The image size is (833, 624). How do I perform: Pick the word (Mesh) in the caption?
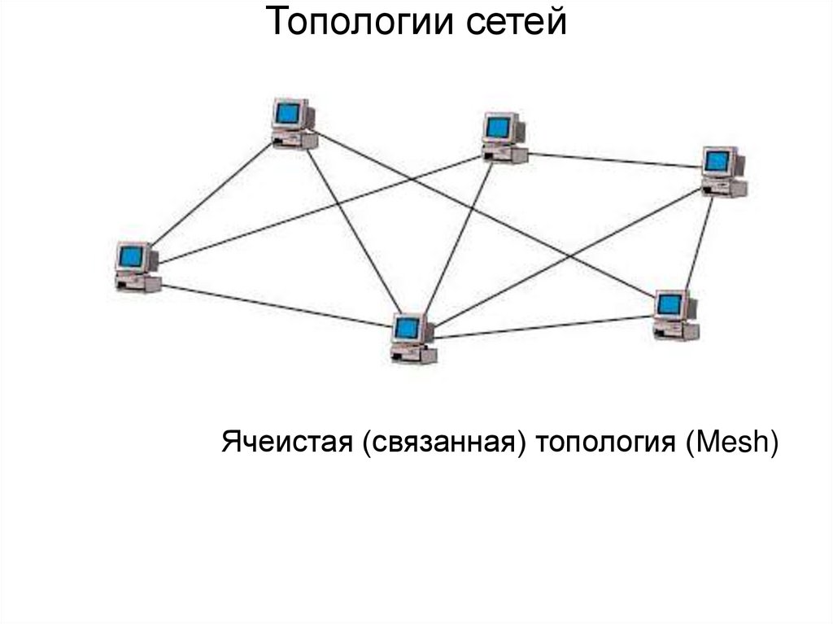coord(732,443)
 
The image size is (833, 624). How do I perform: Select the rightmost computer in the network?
coord(723,172)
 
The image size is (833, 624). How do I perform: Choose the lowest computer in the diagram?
coord(412,338)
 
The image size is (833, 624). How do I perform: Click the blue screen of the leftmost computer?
coord(130,257)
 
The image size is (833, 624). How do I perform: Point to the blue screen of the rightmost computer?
coord(717,161)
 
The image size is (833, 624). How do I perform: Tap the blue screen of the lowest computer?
coord(406,328)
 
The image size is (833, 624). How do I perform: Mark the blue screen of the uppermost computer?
coord(287,112)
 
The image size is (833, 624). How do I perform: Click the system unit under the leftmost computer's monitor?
coord(138,284)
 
